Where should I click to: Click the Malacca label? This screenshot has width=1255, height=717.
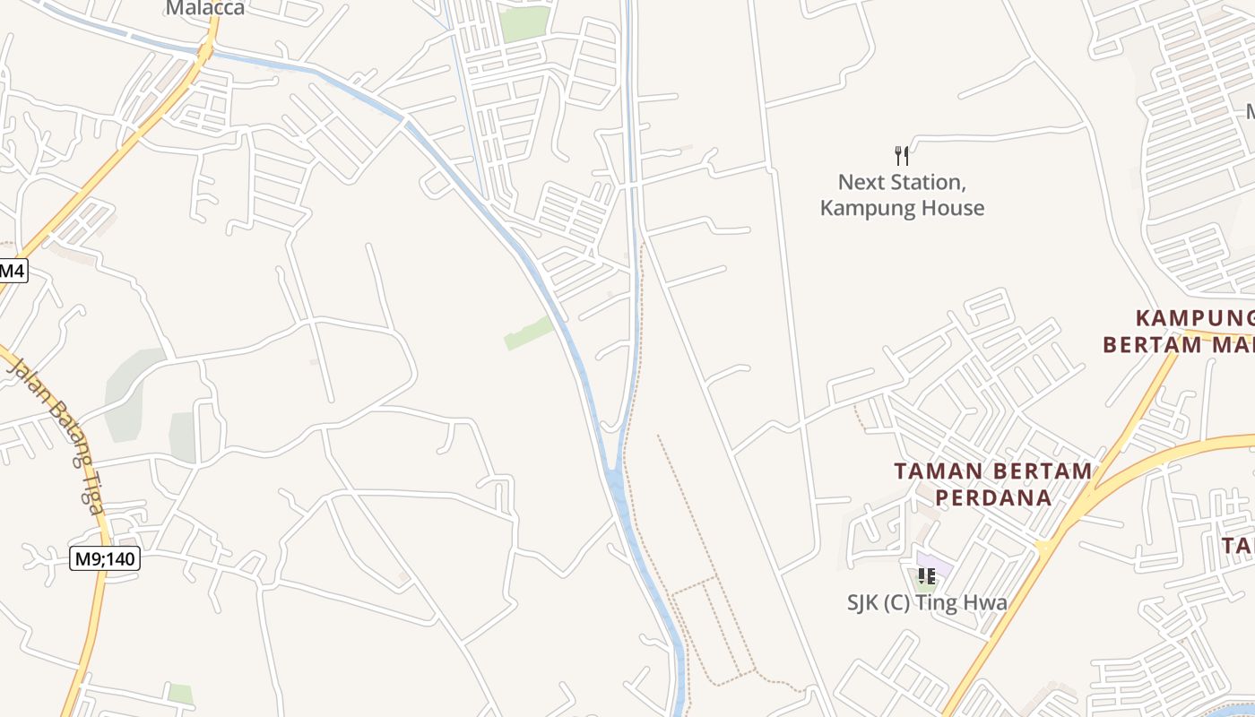[x=204, y=8]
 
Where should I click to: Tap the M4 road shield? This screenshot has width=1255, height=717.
[x=13, y=269]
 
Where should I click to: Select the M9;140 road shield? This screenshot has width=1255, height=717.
[x=105, y=559]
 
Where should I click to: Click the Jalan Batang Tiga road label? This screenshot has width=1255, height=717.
[x=56, y=434]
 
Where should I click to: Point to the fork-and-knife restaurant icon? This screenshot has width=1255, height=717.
[x=902, y=156]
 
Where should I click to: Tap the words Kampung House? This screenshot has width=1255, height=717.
[x=902, y=209]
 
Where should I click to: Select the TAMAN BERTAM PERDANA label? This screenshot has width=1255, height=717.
[x=993, y=484]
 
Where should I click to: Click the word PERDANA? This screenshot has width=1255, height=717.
[x=993, y=497]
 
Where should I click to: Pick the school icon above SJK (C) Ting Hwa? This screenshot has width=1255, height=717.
[x=926, y=576]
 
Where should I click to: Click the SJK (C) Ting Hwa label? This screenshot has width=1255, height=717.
[x=927, y=603]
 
